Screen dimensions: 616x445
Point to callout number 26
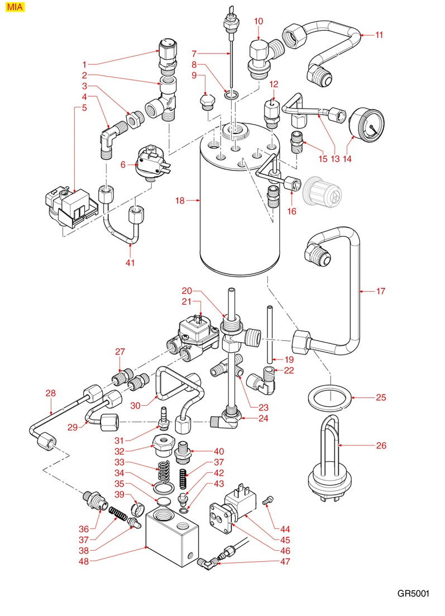pyautogui.click(x=381, y=446)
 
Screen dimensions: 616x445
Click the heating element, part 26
pyautogui.click(x=333, y=453)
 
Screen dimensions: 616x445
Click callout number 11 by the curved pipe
pyautogui.click(x=379, y=35)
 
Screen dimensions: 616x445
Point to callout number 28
pyautogui.click(x=50, y=394)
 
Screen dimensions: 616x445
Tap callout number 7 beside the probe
pyautogui.click(x=194, y=54)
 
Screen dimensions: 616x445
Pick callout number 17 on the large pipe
pyautogui.click(x=381, y=291)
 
